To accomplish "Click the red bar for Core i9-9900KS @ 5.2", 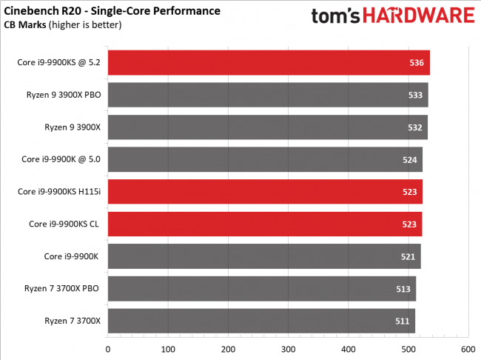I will pos(269,63).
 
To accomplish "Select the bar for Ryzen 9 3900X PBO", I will pos(268,95).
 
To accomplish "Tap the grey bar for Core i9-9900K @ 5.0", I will pos(265,159).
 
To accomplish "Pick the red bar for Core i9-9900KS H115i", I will pos(265,191).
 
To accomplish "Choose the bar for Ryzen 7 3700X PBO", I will pos(262,288).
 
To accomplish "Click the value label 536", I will pos(416,63).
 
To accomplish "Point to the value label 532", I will pos(415,127).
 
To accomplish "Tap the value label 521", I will pos(408,256).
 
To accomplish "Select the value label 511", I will pos(403,321).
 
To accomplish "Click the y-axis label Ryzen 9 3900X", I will pos(73,127).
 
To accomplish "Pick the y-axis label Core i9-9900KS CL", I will pos(66,224).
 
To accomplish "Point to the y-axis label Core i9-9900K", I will pos(73,256).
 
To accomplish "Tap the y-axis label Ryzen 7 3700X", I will pos(73,321).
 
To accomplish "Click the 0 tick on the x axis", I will pos(108,348).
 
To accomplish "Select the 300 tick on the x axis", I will pos(288,348).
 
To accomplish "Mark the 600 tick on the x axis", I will pos(468,348).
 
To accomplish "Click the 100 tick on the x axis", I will pos(168,348).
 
